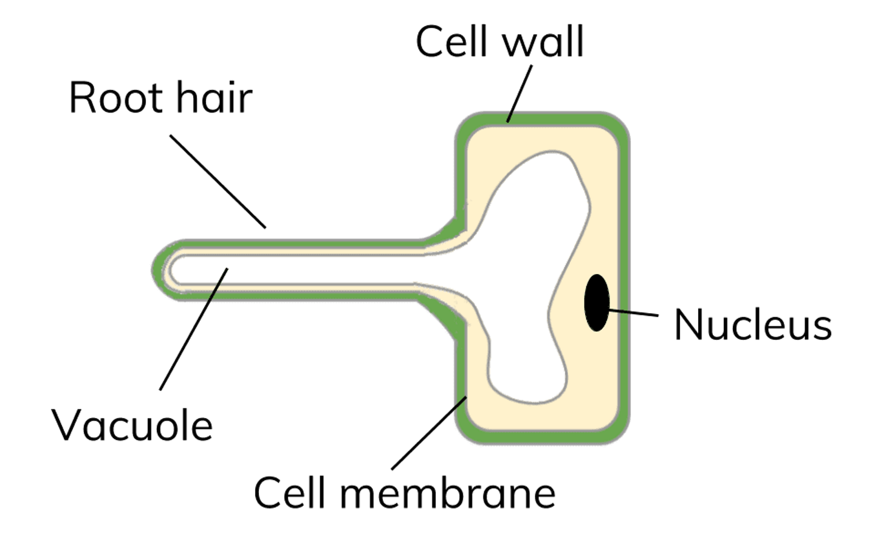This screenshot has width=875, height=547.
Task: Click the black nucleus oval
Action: coord(597,303)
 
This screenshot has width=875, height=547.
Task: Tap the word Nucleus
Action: coord(752,325)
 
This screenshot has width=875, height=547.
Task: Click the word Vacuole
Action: coord(132,425)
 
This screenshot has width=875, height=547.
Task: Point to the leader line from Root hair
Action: coord(218,181)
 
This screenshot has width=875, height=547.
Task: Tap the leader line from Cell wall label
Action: coord(520,94)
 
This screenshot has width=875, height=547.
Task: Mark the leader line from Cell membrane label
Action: coord(429,433)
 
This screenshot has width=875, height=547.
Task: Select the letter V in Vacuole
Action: coord(65,425)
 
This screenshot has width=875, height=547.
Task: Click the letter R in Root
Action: coord(81,97)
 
